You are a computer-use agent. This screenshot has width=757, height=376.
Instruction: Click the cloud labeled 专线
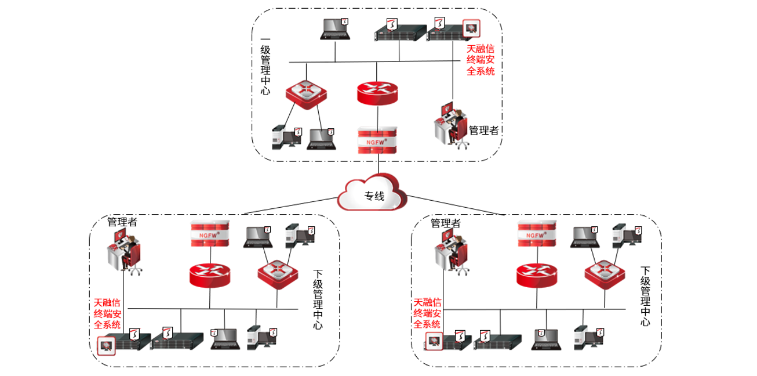pos(373,196)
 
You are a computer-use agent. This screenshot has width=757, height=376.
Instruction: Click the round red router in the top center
pos(377,93)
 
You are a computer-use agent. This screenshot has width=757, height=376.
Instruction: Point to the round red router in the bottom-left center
pos(210,274)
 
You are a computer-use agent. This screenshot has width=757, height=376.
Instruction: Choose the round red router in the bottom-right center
pos(537,274)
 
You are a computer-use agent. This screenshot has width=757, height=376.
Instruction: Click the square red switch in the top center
pos(305,93)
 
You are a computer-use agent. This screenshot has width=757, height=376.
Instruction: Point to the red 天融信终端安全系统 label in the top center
pos(481,60)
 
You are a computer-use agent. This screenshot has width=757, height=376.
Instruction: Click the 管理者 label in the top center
pos(483,131)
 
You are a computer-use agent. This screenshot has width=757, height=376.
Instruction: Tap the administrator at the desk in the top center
pos(450,126)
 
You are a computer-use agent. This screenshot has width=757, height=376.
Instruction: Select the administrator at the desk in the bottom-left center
pos(125,251)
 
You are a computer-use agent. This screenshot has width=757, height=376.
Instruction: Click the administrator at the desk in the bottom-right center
pos(451,251)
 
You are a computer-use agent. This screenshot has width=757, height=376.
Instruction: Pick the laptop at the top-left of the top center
pos(336,30)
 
